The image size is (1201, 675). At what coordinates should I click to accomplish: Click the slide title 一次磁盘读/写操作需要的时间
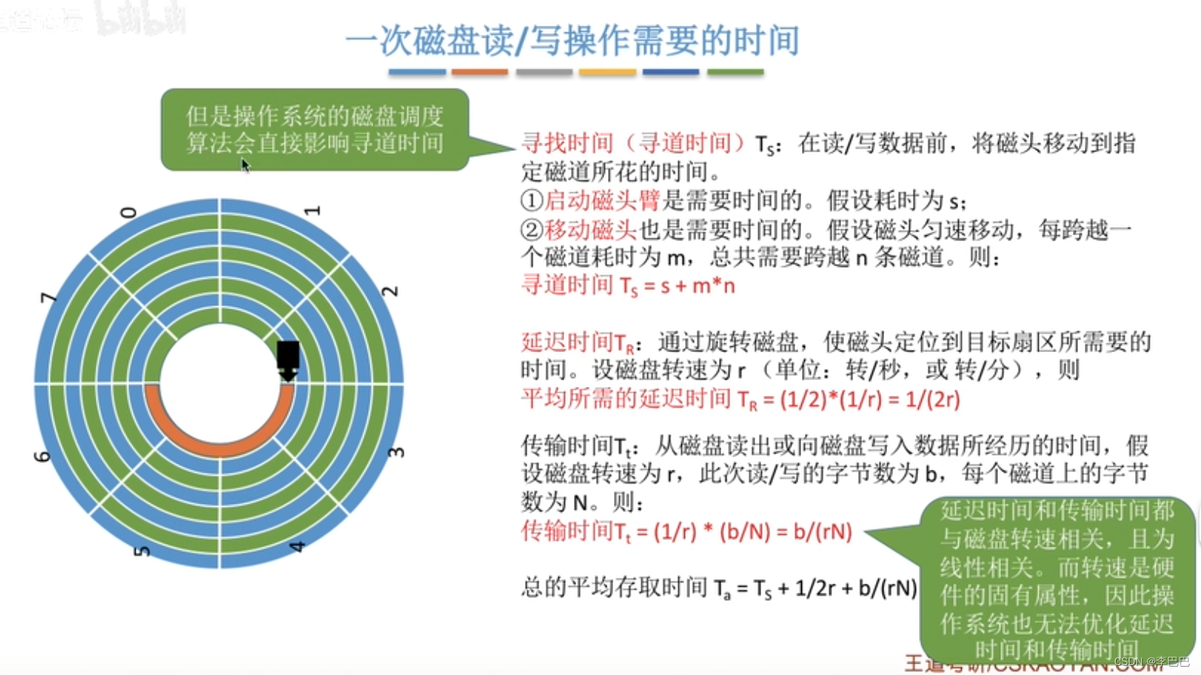[573, 40]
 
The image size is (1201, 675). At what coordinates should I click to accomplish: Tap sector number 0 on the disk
[129, 213]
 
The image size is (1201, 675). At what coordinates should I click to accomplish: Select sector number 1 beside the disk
[312, 210]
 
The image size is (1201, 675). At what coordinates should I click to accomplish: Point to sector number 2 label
[390, 291]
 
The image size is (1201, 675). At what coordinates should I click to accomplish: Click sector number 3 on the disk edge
[396, 452]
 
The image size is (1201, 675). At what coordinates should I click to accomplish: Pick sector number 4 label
[297, 546]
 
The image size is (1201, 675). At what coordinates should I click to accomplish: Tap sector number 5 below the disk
[141, 551]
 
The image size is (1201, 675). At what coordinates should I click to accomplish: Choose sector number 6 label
[42, 456]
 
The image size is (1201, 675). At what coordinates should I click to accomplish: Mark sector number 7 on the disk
[48, 298]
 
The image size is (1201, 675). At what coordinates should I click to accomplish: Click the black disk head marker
[288, 359]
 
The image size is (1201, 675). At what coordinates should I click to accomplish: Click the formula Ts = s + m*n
[677, 286]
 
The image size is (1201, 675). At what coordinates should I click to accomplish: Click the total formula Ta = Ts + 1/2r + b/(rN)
[815, 588]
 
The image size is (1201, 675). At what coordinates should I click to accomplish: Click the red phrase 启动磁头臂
[602, 201]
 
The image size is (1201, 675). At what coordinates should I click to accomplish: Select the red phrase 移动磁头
[591, 229]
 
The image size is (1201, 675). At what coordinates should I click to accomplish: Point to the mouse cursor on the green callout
[245, 165]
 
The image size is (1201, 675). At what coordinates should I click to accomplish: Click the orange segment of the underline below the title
[479, 72]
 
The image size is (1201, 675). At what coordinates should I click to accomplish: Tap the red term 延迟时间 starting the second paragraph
[567, 342]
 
